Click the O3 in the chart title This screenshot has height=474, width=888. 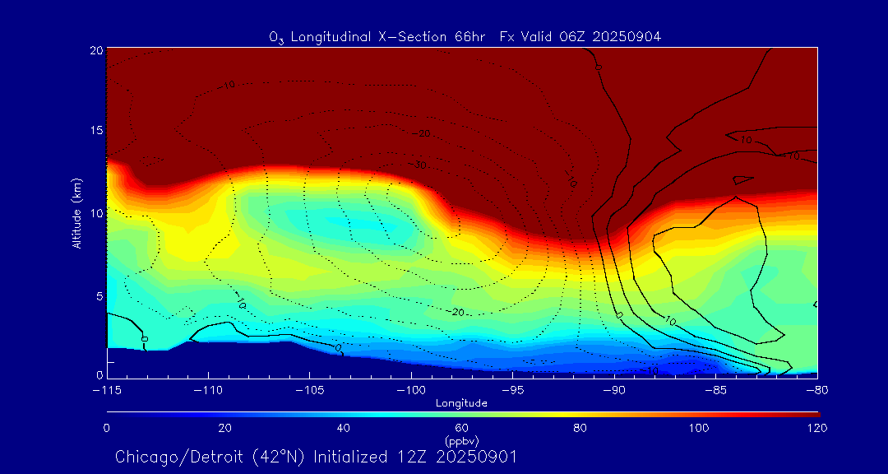(x=275, y=37)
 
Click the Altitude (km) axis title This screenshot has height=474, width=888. (x=76, y=213)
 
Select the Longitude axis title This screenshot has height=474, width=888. (x=462, y=403)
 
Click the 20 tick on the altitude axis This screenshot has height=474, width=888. (x=95, y=50)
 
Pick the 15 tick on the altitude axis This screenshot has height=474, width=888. (x=95, y=131)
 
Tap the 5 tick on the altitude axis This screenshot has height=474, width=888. (x=98, y=295)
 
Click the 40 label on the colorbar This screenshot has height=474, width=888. (x=344, y=428)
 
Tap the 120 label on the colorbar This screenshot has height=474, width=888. (x=816, y=428)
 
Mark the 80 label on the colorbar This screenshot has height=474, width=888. (x=580, y=428)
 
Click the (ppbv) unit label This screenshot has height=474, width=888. (x=462, y=441)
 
